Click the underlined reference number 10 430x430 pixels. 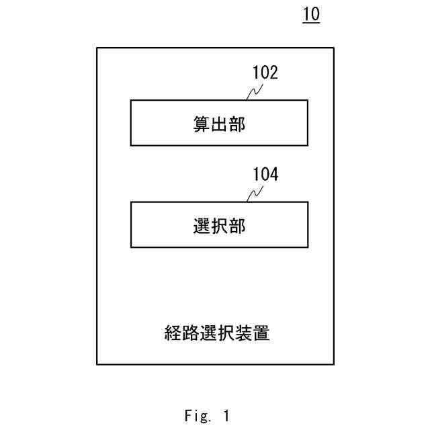click(311, 14)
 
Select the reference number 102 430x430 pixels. click(265, 73)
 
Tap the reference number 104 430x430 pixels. click(265, 175)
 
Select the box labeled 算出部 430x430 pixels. click(219, 123)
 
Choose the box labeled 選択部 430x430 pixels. click(219, 224)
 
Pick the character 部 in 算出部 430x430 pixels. click(236, 124)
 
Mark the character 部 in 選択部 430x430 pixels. click(236, 226)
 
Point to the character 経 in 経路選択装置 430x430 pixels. click(173, 333)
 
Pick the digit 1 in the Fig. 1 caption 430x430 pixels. click(226, 416)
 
